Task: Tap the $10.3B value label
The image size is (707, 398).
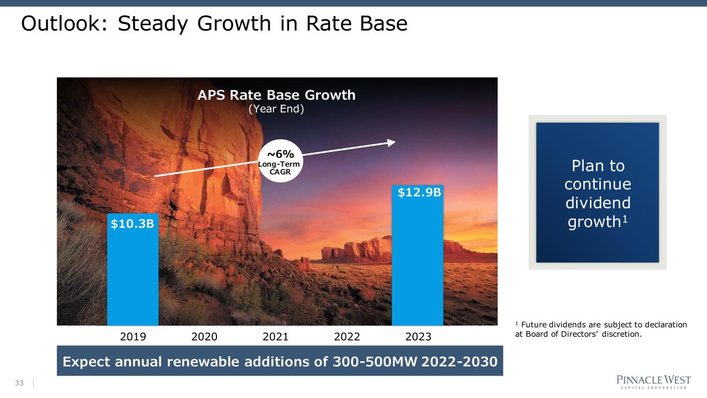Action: pyautogui.click(x=133, y=223)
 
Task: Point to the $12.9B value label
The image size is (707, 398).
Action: pyautogui.click(x=419, y=193)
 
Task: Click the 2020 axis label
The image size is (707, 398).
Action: pyautogui.click(x=204, y=337)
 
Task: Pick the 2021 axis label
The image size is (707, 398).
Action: pyautogui.click(x=276, y=337)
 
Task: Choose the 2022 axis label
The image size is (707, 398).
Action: pyautogui.click(x=347, y=337)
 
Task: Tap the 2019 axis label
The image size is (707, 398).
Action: pyautogui.click(x=133, y=337)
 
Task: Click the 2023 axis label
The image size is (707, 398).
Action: pyautogui.click(x=419, y=337)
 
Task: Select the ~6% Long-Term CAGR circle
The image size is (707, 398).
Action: pyautogui.click(x=280, y=160)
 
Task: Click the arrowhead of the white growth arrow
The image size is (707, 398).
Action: pyautogui.click(x=392, y=142)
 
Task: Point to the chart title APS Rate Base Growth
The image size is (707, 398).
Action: pyautogui.click(x=277, y=95)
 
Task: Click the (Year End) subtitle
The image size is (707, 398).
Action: pyautogui.click(x=277, y=109)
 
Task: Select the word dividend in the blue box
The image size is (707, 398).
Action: pyautogui.click(x=598, y=203)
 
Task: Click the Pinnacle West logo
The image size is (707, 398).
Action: pyautogui.click(x=654, y=382)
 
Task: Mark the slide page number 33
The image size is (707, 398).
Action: pyautogui.click(x=20, y=383)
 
